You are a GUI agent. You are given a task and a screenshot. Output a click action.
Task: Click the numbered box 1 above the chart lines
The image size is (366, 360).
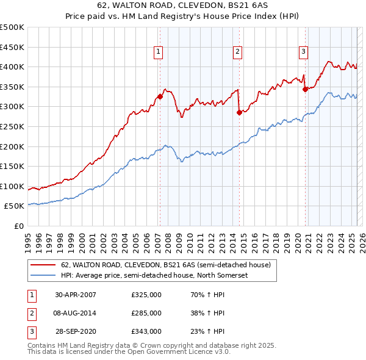point(158,52)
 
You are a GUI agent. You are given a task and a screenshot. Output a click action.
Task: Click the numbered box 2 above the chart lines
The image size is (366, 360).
point(237,52)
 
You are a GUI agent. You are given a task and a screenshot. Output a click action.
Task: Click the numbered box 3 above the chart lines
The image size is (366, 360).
point(303,52)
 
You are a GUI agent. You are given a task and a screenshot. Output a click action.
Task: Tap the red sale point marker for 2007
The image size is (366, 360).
point(160,96)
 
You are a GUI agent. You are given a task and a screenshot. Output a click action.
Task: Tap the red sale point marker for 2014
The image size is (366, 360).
point(239,112)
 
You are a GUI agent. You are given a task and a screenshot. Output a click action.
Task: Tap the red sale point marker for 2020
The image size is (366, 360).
point(305,89)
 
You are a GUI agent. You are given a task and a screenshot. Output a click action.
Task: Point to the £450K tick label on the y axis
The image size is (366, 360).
point(12,47)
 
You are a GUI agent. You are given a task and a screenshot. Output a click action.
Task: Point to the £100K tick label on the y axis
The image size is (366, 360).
point(12,186)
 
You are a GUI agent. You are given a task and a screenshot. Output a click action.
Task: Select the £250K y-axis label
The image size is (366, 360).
point(12,126)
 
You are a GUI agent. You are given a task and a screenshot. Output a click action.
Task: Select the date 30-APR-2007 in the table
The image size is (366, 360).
point(76,295)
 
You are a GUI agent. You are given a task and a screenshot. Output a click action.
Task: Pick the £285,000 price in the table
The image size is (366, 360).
point(146,313)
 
